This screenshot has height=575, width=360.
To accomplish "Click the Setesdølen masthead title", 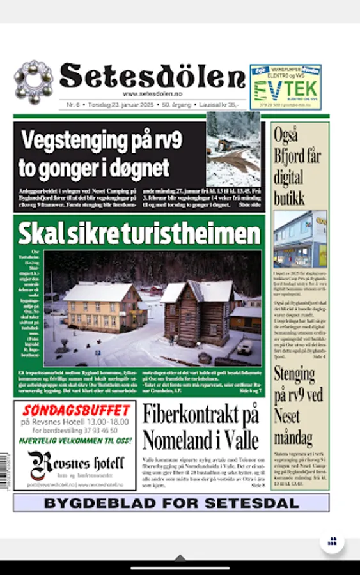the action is pyautogui.click(x=152, y=77).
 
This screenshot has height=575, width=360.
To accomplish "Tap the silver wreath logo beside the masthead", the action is pyautogui.click(x=33, y=82).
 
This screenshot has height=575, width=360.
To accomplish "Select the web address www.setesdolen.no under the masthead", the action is pyautogui.click(x=152, y=93).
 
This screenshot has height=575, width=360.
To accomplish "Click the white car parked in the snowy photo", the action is pyautogui.click(x=245, y=347).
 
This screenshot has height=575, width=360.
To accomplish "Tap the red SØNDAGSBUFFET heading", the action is pyautogui.click(x=76, y=410).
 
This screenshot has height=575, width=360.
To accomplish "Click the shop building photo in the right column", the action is pyautogui.click(x=301, y=239).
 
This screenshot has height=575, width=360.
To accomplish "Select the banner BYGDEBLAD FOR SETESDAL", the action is pyautogui.click(x=171, y=503).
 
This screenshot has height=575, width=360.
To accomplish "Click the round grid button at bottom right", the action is pyautogui.click(x=332, y=541).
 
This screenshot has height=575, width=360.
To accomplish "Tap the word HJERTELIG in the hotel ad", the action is pyautogui.click(x=45, y=441).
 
